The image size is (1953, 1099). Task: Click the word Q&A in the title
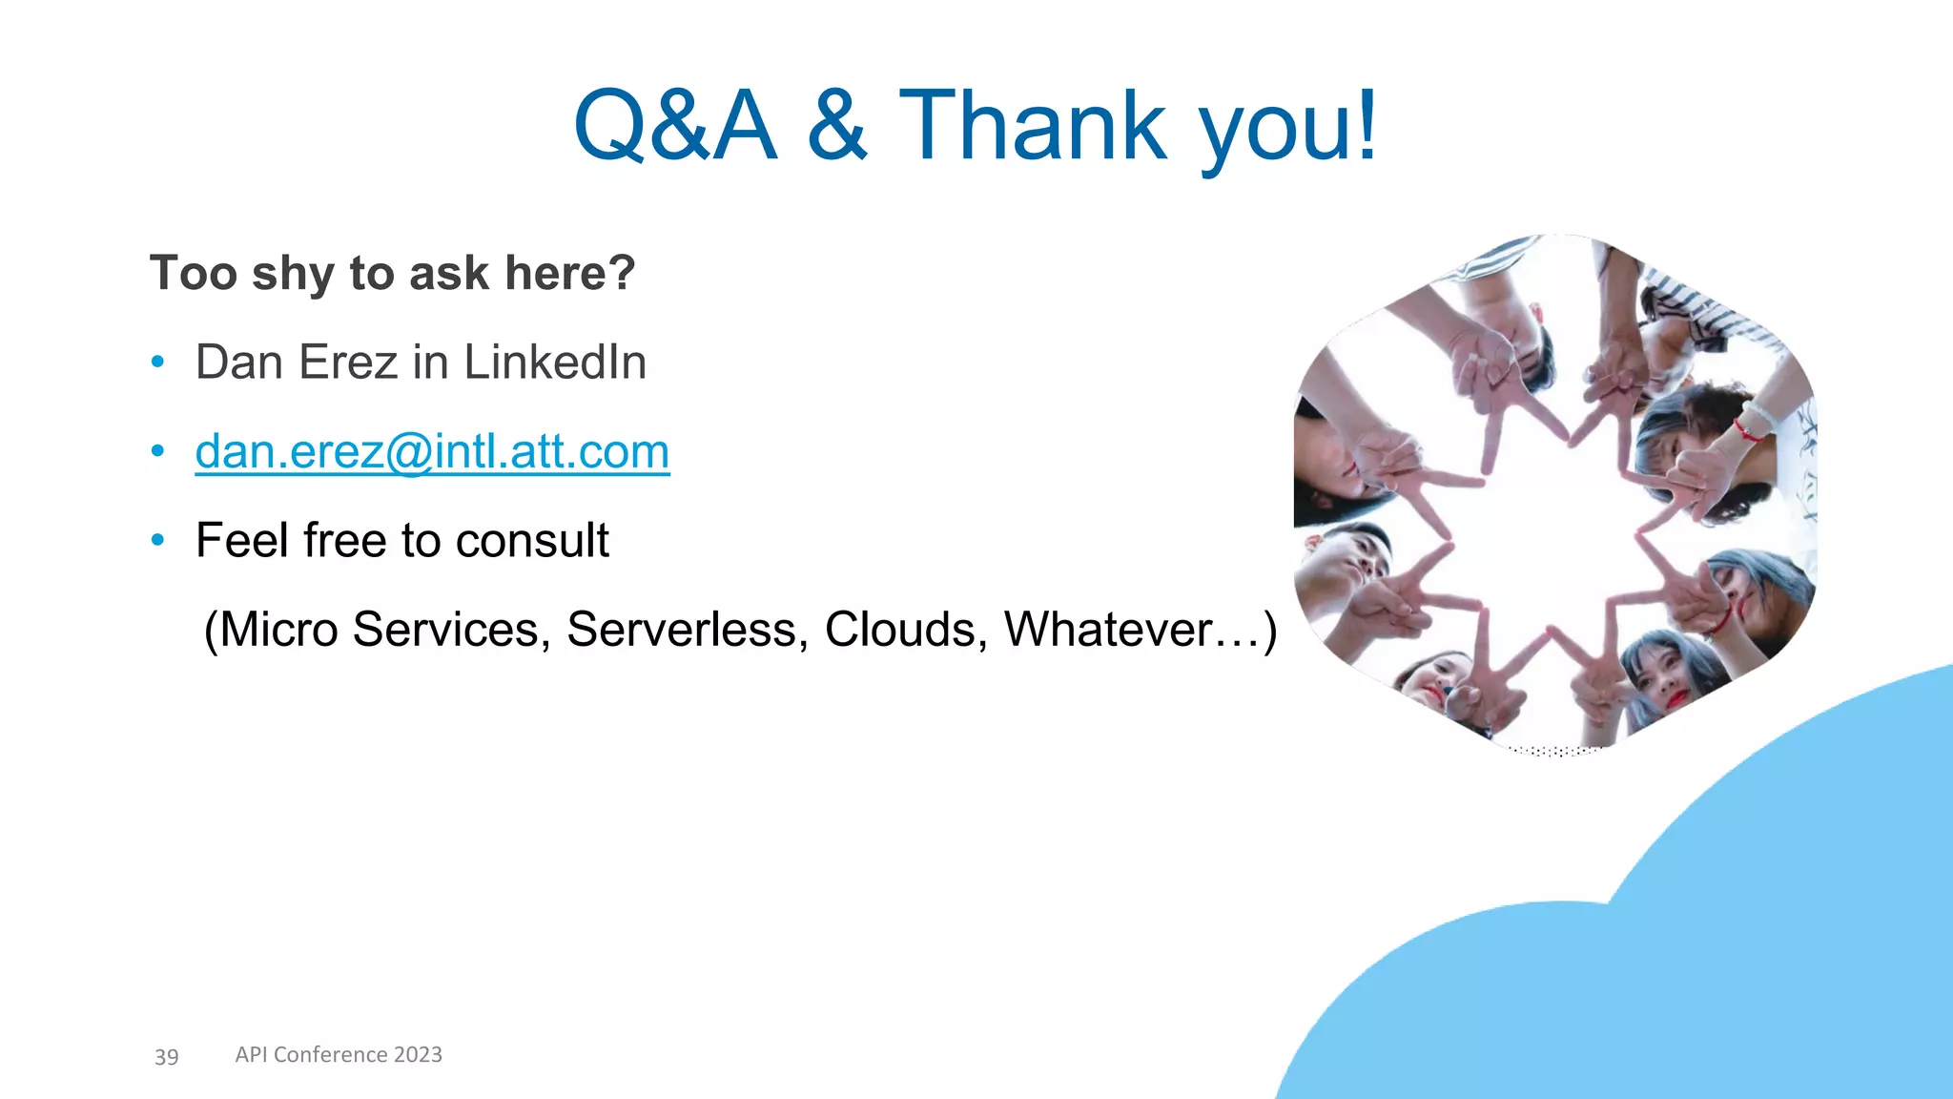coord(675,125)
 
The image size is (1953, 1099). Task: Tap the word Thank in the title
coord(1032,125)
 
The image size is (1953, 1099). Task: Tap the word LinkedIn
coord(555,363)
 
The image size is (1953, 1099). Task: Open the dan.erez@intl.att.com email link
coord(432,451)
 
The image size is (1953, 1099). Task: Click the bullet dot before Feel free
coord(158,541)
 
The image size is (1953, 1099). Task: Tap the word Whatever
coord(1109,630)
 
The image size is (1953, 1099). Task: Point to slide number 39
coord(167,1056)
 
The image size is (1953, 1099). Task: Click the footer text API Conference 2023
coord(339,1054)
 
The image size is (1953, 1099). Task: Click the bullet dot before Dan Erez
coord(158,363)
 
